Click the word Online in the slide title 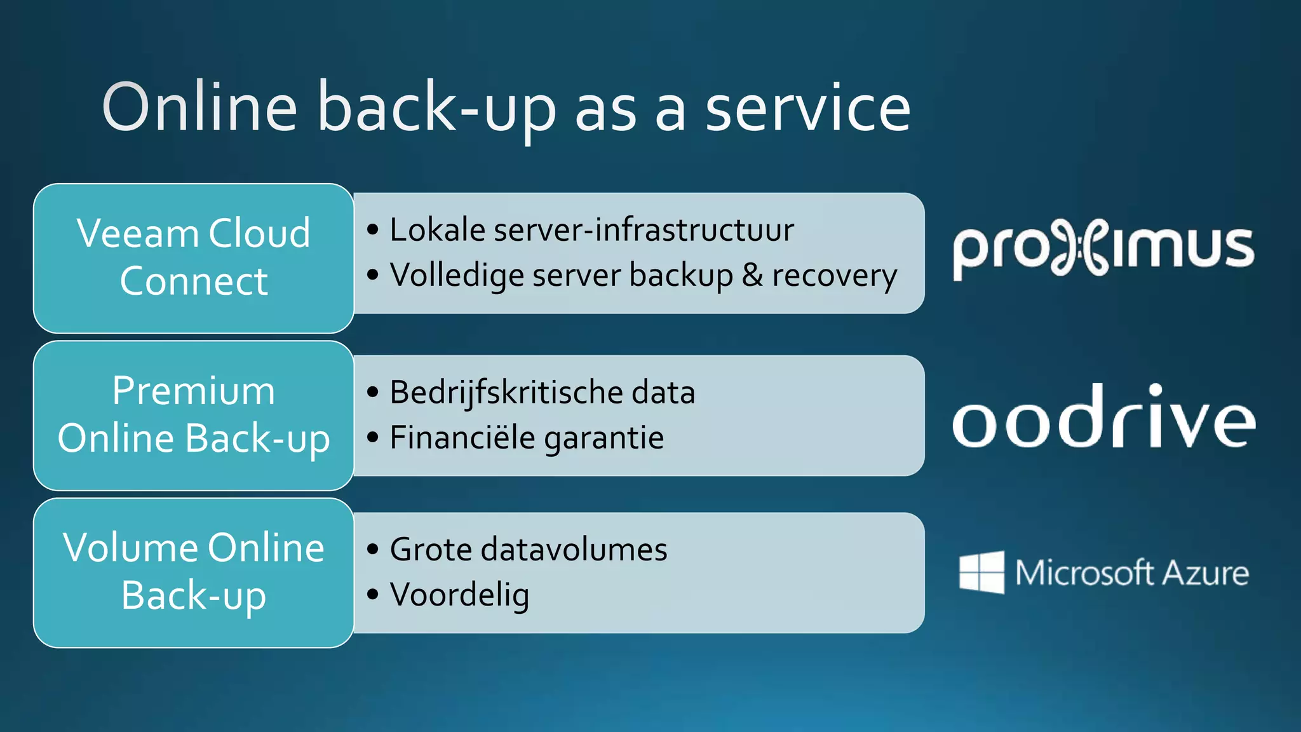coord(199,108)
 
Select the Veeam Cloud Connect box coord(193,258)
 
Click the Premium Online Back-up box coord(193,415)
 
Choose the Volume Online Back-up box coord(193,573)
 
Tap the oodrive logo coord(1103,417)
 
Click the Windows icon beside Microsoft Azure coord(981,573)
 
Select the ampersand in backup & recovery coord(752,275)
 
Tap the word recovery coord(834,276)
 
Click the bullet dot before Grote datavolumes coord(373,550)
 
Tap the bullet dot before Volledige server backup coord(373,275)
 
